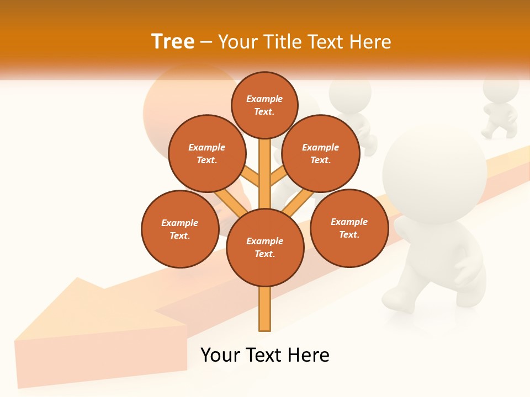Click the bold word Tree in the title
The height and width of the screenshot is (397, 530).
coord(173,42)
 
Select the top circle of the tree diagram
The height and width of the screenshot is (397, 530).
coord(264,105)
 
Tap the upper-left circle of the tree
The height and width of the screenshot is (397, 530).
coord(206,154)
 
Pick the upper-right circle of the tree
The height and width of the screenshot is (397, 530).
coord(321,154)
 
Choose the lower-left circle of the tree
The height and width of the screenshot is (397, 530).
coord(180,229)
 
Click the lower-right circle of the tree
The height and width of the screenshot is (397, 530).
coord(349,228)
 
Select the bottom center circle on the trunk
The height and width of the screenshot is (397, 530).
coord(265,248)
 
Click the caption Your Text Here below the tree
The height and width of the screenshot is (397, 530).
coord(265,355)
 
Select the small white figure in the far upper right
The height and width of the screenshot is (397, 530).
coord(500,108)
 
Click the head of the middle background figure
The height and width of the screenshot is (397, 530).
coord(350,94)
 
